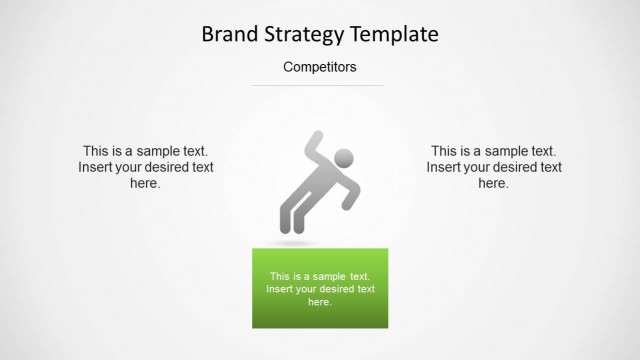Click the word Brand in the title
[x=230, y=34]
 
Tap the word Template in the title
[x=393, y=34]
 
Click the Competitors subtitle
[x=319, y=68]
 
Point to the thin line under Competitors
[x=318, y=86]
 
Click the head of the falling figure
[x=343, y=158]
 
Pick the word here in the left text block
[x=145, y=183]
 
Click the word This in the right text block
[x=445, y=151]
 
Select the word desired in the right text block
[x=501, y=167]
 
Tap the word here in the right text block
[x=493, y=183]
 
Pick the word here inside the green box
[x=319, y=302]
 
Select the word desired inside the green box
[x=331, y=289]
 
